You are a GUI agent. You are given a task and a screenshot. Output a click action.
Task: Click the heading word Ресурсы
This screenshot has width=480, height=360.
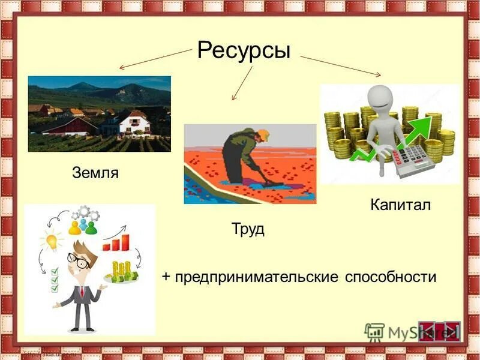click(x=244, y=50)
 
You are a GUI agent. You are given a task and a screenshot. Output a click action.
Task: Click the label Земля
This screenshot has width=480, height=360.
click(x=95, y=173)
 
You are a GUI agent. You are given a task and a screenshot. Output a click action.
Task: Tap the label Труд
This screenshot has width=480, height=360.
click(x=248, y=229)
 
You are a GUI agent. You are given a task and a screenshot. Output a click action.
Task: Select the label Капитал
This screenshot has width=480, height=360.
click(x=401, y=205)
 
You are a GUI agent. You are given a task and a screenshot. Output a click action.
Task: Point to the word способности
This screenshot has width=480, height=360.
click(x=391, y=277)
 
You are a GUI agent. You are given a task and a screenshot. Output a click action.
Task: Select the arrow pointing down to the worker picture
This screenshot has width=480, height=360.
click(x=242, y=82)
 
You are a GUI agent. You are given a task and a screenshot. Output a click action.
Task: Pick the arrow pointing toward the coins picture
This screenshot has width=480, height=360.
click(x=341, y=66)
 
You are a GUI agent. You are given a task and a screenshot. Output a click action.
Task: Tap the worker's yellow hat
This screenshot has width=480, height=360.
click(x=263, y=135)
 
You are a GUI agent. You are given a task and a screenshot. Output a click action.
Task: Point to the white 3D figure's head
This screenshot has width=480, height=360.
click(x=380, y=97)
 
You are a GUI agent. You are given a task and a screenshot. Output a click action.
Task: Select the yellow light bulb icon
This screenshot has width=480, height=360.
click(x=52, y=241)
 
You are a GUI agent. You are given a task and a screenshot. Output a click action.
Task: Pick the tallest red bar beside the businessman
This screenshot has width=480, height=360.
click(x=125, y=241)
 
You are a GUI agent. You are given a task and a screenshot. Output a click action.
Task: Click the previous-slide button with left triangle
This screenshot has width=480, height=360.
click(x=430, y=331)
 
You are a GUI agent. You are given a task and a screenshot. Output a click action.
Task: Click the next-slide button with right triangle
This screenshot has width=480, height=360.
click(x=450, y=331)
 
